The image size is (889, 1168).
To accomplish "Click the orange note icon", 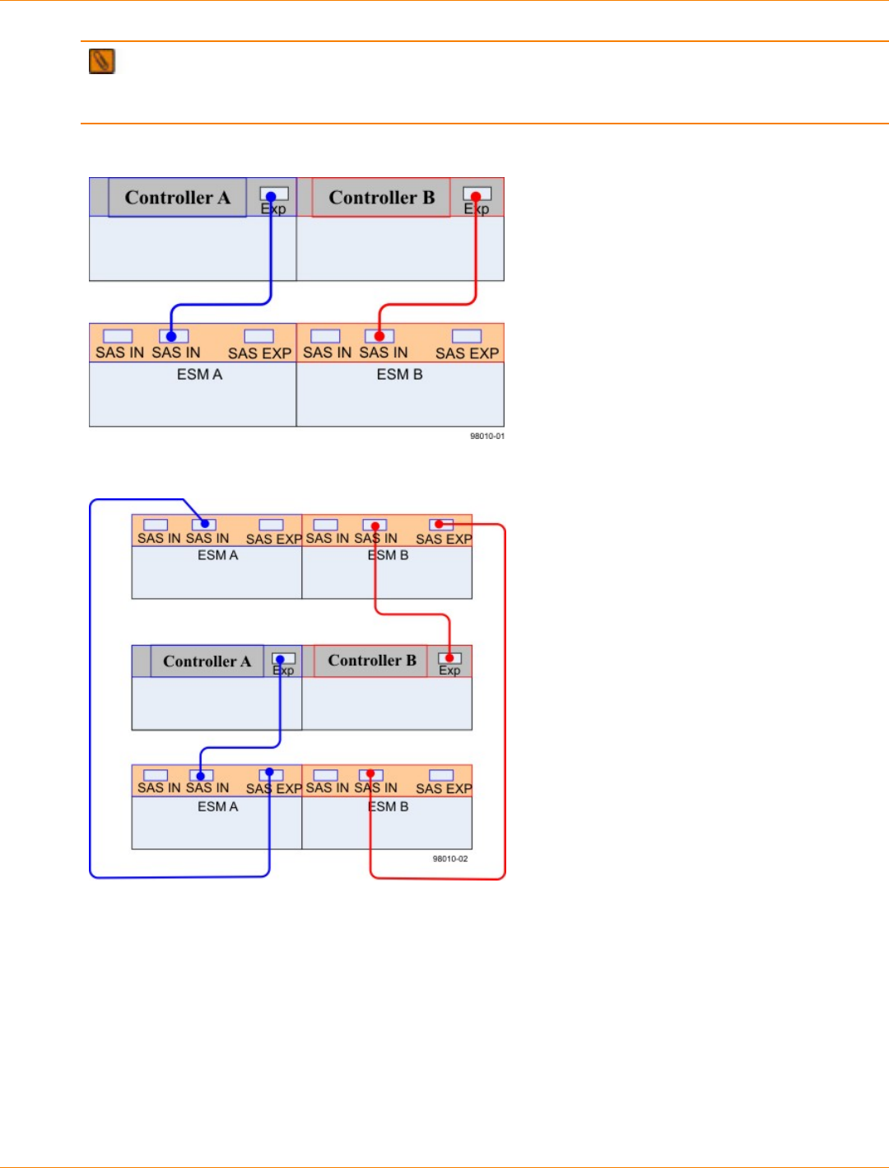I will coord(102,62).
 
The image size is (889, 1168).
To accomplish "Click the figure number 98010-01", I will coord(486,436).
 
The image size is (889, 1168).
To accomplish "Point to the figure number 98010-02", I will coord(449,858).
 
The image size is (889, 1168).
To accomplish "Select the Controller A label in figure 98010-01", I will coord(177,198).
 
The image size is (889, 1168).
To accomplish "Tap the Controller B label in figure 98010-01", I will coord(381,198).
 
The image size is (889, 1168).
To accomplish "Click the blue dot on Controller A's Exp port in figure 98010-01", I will coord(271,197).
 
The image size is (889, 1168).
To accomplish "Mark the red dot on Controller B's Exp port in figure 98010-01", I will coord(475,197).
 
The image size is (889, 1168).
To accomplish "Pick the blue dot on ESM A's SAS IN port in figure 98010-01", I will coord(171,336).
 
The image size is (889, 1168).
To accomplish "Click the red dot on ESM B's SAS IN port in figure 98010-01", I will coord(379,336).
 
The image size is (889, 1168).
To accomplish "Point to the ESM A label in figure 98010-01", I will coord(199,375).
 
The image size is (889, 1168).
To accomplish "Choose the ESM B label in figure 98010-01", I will coord(399,375).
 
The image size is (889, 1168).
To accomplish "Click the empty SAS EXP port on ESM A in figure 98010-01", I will coord(258,336).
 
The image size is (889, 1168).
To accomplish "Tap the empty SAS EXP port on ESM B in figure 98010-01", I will coord(466,336).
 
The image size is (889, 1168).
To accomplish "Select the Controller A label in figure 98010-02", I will coord(207,661).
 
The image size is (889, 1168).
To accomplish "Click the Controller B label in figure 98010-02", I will coord(372,661).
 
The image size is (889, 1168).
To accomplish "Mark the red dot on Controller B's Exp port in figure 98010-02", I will coord(449,658).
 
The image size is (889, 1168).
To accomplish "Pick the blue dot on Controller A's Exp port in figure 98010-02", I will coord(280,659).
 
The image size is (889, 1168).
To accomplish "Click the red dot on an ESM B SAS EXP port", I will coord(439,524).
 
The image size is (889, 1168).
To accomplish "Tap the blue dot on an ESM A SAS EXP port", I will coord(269,773).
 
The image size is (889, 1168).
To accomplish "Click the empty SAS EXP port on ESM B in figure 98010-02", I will coord(441,775).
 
